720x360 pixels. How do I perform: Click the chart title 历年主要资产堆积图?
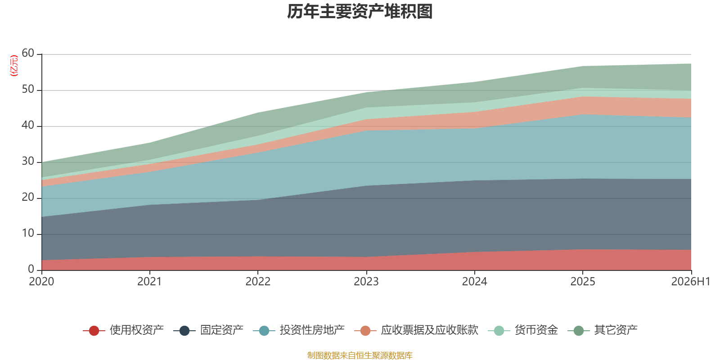point(360,12)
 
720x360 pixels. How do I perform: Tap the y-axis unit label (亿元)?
point(14,66)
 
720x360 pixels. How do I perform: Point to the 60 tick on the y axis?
point(28,53)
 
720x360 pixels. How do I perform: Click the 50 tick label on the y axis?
point(28,89)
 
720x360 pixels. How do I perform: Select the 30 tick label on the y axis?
point(28,161)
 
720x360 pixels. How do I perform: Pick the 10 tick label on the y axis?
point(28,233)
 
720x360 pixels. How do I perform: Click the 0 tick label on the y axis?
point(31,269)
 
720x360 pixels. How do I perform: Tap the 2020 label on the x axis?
point(41,282)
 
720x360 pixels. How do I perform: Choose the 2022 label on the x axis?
point(258,282)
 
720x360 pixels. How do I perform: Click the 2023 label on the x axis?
point(366,282)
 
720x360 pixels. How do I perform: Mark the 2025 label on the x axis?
point(583,282)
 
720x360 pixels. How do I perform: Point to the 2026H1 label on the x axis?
point(691,282)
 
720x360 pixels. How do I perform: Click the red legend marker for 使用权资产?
point(94,330)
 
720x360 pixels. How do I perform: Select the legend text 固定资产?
point(222,330)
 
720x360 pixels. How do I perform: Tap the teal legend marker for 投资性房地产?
point(264,330)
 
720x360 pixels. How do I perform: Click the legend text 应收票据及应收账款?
point(429,330)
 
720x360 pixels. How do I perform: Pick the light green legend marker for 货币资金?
point(499,330)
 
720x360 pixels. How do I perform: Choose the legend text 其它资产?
point(616,330)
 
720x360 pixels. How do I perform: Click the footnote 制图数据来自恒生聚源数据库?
point(360,355)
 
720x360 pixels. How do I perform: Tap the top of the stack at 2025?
point(583,67)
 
